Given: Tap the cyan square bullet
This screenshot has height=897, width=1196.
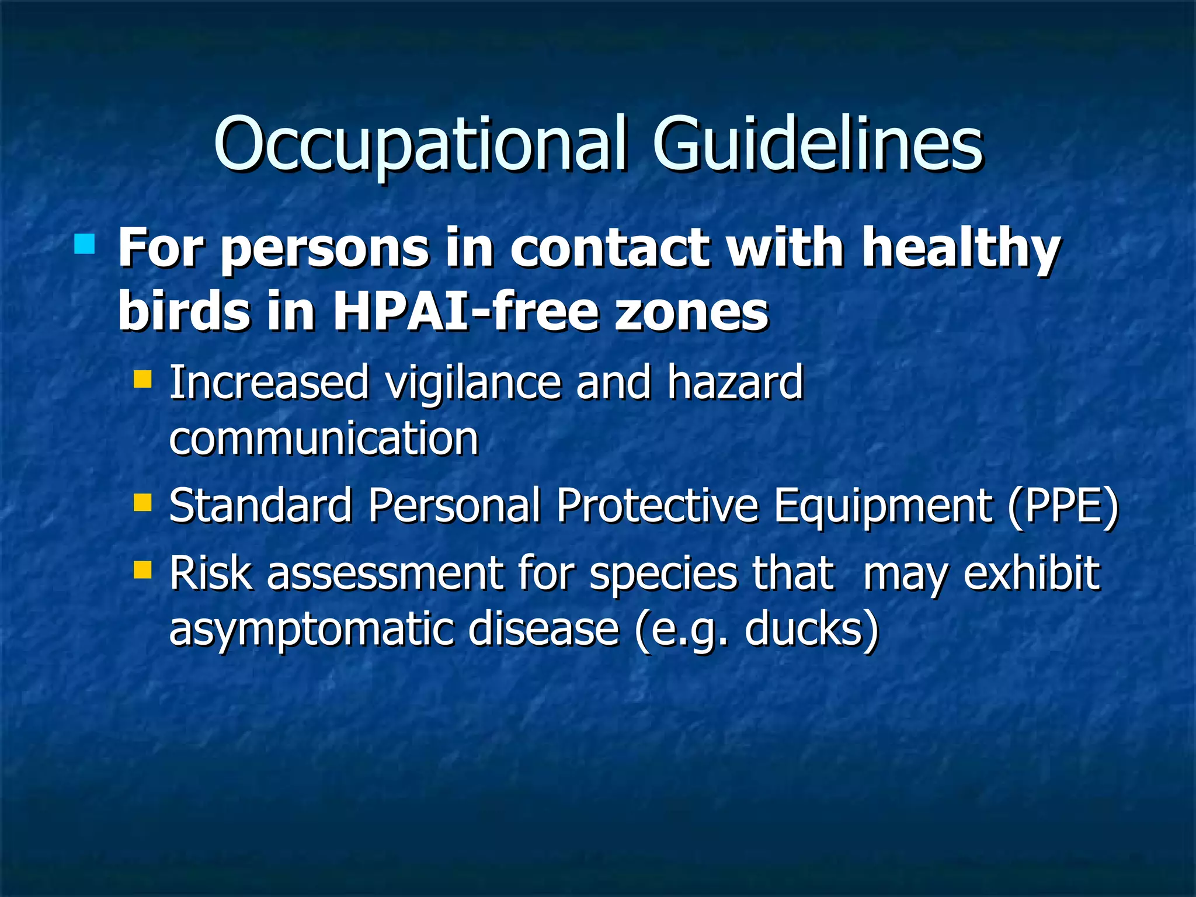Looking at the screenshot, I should [85, 244].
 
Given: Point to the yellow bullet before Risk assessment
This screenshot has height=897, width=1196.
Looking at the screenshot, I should [142, 570].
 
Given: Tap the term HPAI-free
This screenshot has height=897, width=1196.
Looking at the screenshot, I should [464, 311].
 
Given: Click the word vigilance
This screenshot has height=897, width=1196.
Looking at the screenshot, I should [472, 383].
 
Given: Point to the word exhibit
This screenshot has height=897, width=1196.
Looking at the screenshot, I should [1031, 573].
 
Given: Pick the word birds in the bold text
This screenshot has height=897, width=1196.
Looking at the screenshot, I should [183, 311].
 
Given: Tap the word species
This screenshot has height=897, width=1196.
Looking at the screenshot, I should [662, 575].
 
